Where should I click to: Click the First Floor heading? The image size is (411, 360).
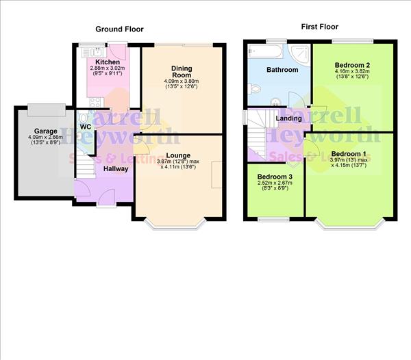pyautogui.click(x=320, y=27)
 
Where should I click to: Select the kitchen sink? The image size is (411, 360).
pyautogui.click(x=89, y=49)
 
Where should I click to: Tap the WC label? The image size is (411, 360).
pyautogui.click(x=85, y=127)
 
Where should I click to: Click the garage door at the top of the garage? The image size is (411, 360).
pyautogui.click(x=47, y=107)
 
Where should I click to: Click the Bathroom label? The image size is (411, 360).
pyautogui.click(x=282, y=70)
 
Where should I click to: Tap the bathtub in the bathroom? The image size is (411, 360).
pyautogui.click(x=263, y=51)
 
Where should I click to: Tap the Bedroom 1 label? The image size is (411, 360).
pyautogui.click(x=349, y=153)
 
